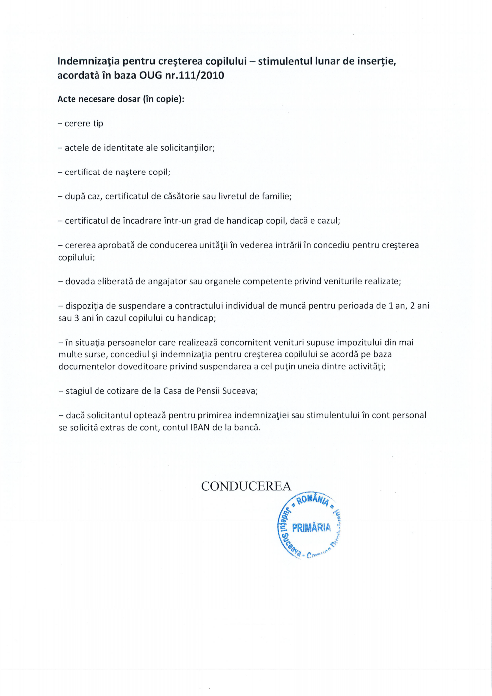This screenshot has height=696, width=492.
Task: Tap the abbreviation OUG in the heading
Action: (150, 76)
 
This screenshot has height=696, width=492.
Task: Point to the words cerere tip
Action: (84, 124)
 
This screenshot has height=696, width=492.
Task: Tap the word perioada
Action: (356, 306)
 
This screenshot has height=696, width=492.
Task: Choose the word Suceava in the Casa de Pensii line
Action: (239, 391)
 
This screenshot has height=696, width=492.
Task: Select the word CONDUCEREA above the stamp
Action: (246, 486)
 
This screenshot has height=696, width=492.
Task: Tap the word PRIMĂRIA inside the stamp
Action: (311, 527)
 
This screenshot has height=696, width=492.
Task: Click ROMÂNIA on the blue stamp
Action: (313, 499)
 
